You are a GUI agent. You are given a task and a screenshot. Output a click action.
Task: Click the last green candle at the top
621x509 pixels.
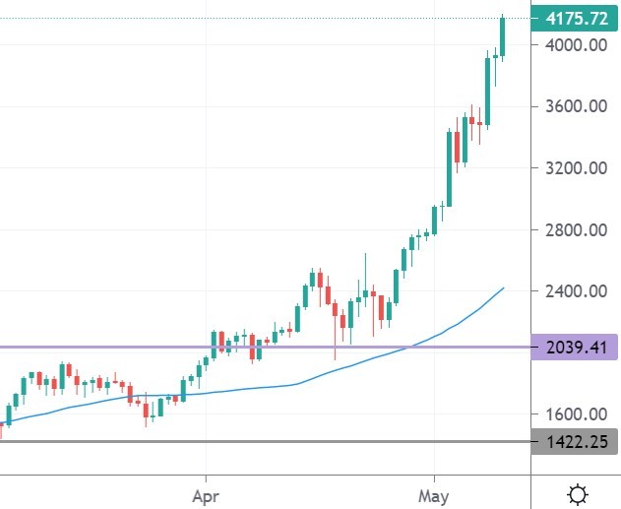point(502,36)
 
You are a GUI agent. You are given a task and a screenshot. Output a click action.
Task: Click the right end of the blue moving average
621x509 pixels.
point(503,288)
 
